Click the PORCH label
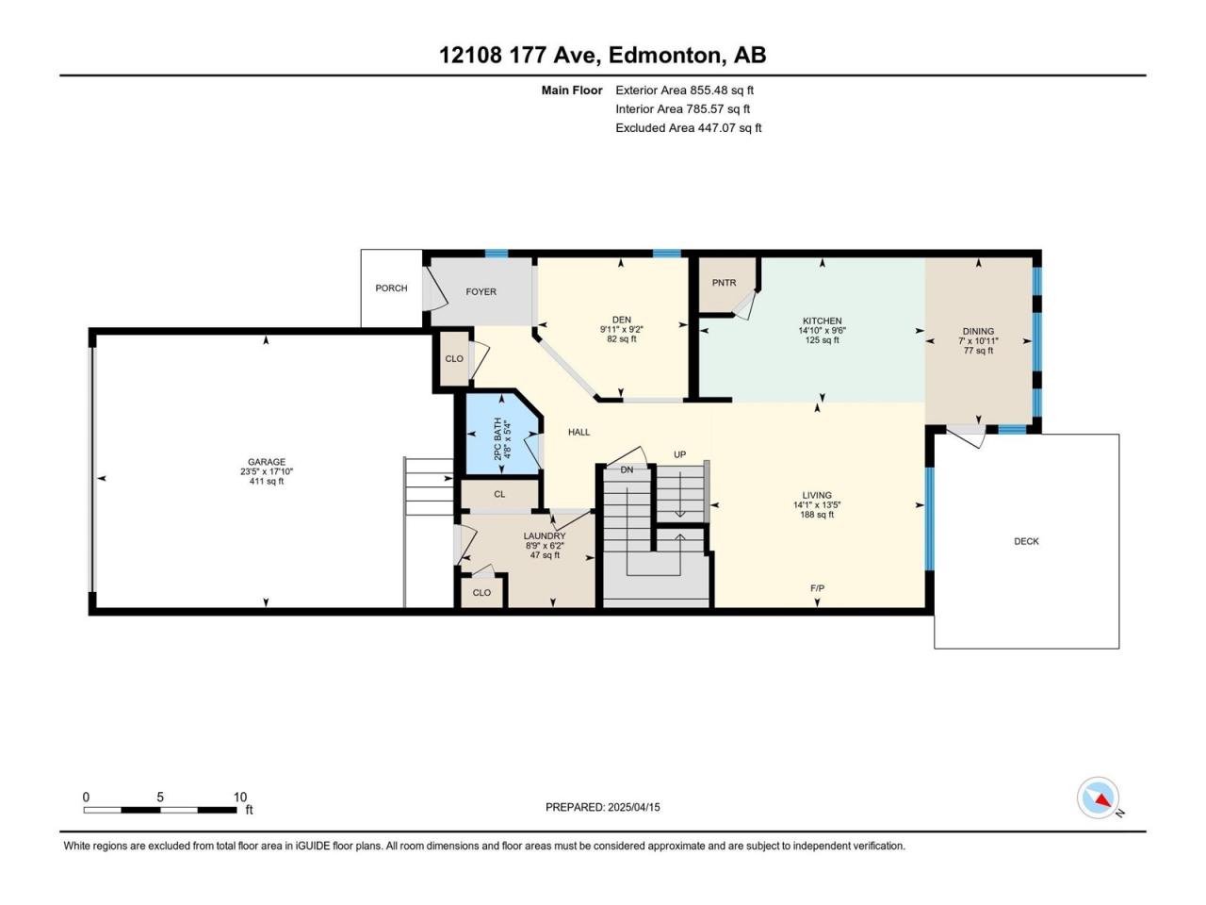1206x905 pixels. click(x=391, y=288)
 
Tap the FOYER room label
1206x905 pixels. click(x=481, y=292)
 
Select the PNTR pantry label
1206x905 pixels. click(x=724, y=283)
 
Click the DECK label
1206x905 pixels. click(x=1026, y=541)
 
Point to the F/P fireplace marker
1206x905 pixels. click(x=817, y=588)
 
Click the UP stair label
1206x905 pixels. click(x=679, y=454)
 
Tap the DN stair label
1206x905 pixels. click(x=627, y=469)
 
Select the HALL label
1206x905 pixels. click(x=579, y=433)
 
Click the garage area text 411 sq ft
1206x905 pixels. click(x=267, y=482)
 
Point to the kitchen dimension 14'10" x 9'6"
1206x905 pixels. click(x=822, y=331)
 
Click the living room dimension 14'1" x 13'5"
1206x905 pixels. click(x=817, y=505)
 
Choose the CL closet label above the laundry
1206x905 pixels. click(x=498, y=494)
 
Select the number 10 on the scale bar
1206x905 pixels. click(x=240, y=798)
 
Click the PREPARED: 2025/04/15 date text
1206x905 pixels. click(x=603, y=807)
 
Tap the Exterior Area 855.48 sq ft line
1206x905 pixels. click(x=685, y=90)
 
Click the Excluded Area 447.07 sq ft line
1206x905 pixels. click(x=689, y=128)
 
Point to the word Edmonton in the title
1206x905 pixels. click(x=664, y=55)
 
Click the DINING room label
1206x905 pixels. click(x=978, y=331)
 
